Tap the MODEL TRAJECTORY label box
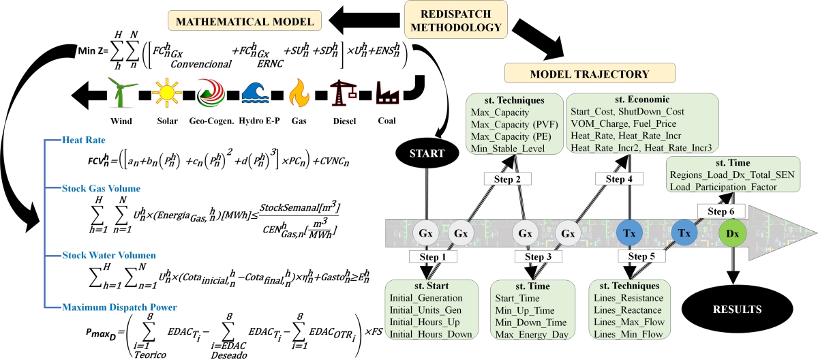589,72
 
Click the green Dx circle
733,233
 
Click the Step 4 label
618,179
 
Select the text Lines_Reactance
626,311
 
